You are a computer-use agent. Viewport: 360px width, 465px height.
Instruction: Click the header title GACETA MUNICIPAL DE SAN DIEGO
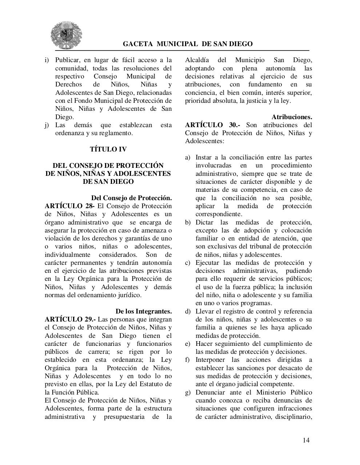point(188,44)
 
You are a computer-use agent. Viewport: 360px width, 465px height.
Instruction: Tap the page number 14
point(306,440)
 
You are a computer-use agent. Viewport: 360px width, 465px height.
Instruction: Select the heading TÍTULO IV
point(108,149)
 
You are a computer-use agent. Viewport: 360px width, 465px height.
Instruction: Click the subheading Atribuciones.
point(292,117)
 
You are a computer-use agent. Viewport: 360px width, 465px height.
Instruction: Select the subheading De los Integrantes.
point(144,311)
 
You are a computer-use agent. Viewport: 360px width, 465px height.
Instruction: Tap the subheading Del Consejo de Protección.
point(131,198)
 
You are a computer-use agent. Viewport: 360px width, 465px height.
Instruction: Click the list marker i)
point(47,60)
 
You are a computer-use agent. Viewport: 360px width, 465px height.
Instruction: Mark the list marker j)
point(47,125)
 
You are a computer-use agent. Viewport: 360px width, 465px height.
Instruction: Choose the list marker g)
point(188,392)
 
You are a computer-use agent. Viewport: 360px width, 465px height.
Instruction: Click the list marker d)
point(188,311)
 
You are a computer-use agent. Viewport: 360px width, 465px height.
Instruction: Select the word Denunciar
point(211,392)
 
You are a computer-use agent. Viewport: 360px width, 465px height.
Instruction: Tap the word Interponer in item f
point(211,360)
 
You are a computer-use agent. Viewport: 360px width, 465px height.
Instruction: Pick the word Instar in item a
point(204,157)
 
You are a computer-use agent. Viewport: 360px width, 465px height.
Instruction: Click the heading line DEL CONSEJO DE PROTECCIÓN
point(108,165)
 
